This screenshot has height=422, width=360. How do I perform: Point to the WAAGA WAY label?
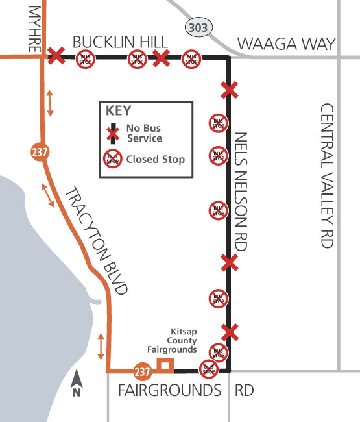click(286, 43)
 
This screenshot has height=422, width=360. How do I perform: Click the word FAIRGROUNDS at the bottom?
click(170, 391)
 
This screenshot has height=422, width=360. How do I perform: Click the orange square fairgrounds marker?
click(165, 366)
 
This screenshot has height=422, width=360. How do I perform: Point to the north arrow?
click(77, 384)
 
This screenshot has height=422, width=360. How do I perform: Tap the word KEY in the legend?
click(119, 110)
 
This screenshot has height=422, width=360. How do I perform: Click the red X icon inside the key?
click(114, 133)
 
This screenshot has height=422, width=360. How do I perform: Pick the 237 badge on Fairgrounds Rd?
click(143, 371)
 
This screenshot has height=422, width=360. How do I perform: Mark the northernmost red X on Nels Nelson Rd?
click(228, 88)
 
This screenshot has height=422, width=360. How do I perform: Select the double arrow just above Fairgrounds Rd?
click(101, 347)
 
